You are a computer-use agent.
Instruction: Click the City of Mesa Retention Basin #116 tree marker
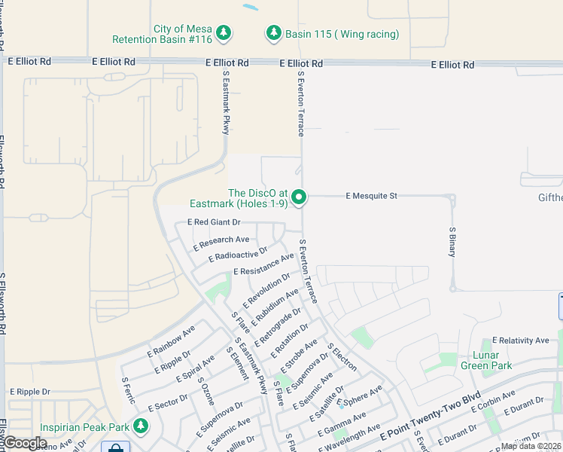[223, 33]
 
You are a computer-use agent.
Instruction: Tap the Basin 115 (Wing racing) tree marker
[273, 34]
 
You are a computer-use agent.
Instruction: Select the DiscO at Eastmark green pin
[300, 197]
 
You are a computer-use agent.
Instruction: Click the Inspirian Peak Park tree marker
[140, 426]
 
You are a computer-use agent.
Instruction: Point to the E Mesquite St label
[371, 196]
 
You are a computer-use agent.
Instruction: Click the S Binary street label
[452, 242]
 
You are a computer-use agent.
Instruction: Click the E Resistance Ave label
[263, 264]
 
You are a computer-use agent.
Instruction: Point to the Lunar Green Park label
[485, 361]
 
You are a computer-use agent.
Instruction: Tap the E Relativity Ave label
[520, 341]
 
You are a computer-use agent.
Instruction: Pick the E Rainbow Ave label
[171, 341]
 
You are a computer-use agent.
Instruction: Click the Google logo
[25, 443]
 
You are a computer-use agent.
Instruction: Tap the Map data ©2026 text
[531, 446]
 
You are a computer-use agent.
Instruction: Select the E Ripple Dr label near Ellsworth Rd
[29, 392]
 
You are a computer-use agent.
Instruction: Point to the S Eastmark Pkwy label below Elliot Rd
[226, 103]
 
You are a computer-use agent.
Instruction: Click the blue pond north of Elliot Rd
[250, 8]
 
